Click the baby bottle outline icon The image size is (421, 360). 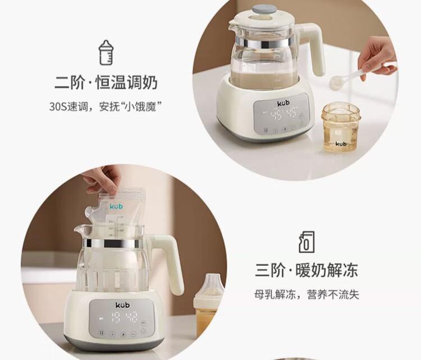[x=106, y=53]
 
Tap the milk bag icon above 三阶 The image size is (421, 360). [x=306, y=242]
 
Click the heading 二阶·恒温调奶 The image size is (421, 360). [x=106, y=82]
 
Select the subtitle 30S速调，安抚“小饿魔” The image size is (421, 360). [x=106, y=107]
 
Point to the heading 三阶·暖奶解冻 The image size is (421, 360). [x=306, y=270]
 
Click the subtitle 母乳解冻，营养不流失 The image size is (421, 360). [x=306, y=294]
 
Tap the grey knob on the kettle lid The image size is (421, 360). [x=264, y=10]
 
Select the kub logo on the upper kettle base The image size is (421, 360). [x=283, y=103]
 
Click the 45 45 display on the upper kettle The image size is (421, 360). [x=283, y=114]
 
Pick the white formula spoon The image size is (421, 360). [x=360, y=74]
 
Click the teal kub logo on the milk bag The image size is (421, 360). [x=116, y=206]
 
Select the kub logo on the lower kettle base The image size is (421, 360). [x=122, y=305]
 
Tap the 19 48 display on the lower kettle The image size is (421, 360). [x=124, y=317]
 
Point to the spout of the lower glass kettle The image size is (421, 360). [x=79, y=230]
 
